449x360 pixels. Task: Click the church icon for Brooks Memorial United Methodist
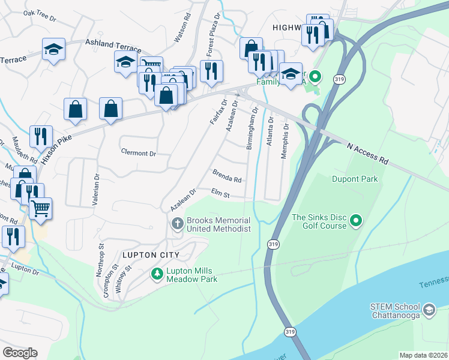pyautogui.click(x=177, y=224)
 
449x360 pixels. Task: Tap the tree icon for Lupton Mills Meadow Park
pyautogui.click(x=157, y=274)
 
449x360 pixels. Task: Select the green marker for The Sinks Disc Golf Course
pyautogui.click(x=356, y=221)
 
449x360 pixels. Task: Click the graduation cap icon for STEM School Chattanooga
pyautogui.click(x=429, y=310)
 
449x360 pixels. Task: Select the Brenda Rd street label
pyautogui.click(x=227, y=176)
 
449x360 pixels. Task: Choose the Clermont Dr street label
pyautogui.click(x=138, y=153)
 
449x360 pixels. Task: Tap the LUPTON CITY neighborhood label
pyautogui.click(x=143, y=255)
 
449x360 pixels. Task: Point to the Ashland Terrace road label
pyautogui.click(x=113, y=46)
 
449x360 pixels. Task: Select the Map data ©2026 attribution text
pyautogui.click(x=423, y=355)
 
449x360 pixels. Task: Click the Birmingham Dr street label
pyautogui.click(x=252, y=128)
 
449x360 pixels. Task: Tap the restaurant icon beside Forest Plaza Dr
pyautogui.click(x=211, y=70)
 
